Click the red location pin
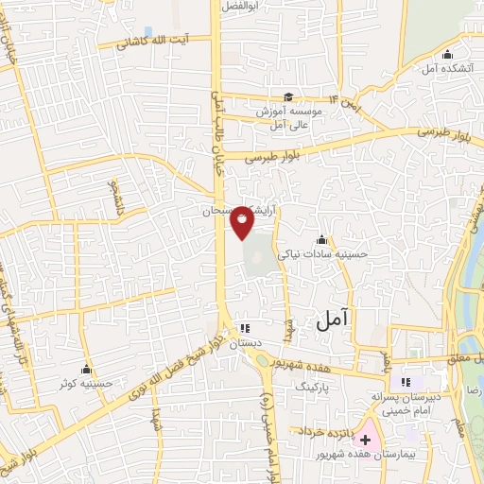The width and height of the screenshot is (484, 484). [243, 221]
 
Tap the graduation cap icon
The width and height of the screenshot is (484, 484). [288, 96]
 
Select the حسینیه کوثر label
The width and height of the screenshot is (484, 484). [87, 383]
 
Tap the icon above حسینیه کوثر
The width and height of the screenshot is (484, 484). [87, 369]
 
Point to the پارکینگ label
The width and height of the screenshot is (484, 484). [316, 388]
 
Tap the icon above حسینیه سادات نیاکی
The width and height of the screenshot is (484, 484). [322, 238]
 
